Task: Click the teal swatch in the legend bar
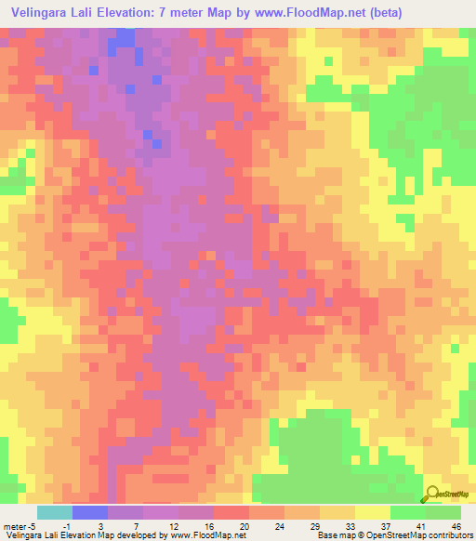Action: pos(55,512)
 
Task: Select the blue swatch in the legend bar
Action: pos(90,512)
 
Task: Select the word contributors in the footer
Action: pos(449,535)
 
